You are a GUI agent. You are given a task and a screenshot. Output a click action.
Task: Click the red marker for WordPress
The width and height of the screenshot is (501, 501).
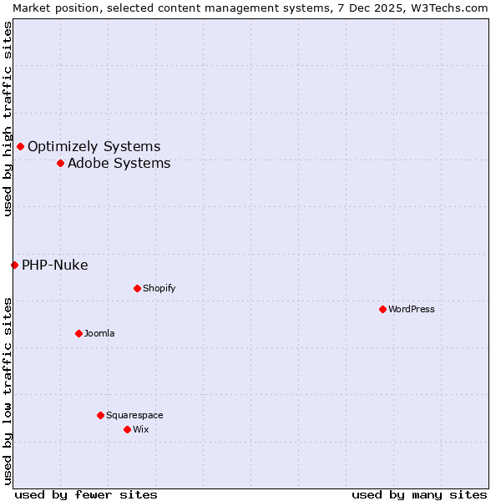click(382, 309)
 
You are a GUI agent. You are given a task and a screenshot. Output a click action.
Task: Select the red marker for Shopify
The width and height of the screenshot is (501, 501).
click(137, 288)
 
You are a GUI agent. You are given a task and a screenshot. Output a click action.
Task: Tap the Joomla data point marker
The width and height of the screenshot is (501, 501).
click(78, 333)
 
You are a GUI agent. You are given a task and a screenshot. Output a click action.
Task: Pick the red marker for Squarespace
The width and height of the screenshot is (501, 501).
click(100, 415)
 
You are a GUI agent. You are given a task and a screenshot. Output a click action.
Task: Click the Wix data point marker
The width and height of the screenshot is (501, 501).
click(127, 429)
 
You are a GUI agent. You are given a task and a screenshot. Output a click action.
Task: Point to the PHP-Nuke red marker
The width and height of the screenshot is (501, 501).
click(14, 265)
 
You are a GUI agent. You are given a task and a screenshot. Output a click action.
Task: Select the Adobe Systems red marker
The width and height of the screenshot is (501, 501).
click(60, 163)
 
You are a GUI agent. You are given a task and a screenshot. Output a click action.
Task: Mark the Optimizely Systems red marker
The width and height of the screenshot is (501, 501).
click(20, 146)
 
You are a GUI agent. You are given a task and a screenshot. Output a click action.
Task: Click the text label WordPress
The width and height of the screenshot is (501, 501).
click(412, 309)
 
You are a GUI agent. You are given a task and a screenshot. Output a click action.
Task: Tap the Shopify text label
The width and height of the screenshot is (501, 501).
click(159, 288)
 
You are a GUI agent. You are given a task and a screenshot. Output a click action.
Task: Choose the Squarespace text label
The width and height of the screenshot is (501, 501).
click(134, 415)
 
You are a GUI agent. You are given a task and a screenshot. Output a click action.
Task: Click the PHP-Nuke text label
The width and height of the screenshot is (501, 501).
click(54, 265)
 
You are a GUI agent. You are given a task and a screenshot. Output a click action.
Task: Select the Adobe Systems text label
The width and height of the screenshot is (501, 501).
click(119, 163)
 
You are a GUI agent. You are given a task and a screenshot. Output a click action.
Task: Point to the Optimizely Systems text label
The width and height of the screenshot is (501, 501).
click(94, 146)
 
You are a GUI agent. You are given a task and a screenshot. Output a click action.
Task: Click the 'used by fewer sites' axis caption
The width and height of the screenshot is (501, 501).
click(86, 494)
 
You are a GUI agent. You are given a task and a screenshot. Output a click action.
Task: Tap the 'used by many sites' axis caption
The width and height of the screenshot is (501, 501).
click(419, 494)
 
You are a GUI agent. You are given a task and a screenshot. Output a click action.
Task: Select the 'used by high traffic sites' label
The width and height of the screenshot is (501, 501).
click(8, 119)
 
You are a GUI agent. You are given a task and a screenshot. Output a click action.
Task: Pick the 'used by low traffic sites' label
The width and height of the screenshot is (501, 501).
click(8, 391)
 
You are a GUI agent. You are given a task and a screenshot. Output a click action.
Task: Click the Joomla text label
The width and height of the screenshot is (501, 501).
click(99, 333)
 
